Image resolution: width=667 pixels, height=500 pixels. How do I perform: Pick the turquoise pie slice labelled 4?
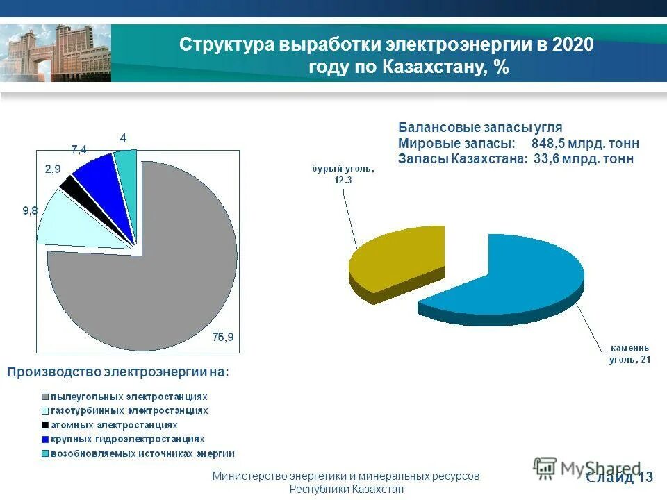pyautogui.click(x=126, y=161)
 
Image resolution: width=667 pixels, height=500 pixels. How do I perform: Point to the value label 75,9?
pyautogui.click(x=223, y=337)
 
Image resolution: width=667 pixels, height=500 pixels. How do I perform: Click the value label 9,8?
pyautogui.click(x=30, y=211)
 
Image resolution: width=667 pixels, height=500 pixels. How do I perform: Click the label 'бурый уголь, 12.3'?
pyautogui.click(x=343, y=174)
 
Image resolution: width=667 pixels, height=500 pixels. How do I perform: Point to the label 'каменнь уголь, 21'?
pyautogui.click(x=630, y=352)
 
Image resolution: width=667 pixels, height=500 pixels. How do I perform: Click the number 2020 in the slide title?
pyautogui.click(x=574, y=44)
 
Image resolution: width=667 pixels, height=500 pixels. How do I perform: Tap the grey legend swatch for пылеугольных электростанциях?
pyautogui.click(x=45, y=397)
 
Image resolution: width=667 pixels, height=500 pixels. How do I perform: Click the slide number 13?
pyautogui.click(x=645, y=477)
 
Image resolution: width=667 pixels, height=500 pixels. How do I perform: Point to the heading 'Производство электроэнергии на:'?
pyautogui.click(x=117, y=373)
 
